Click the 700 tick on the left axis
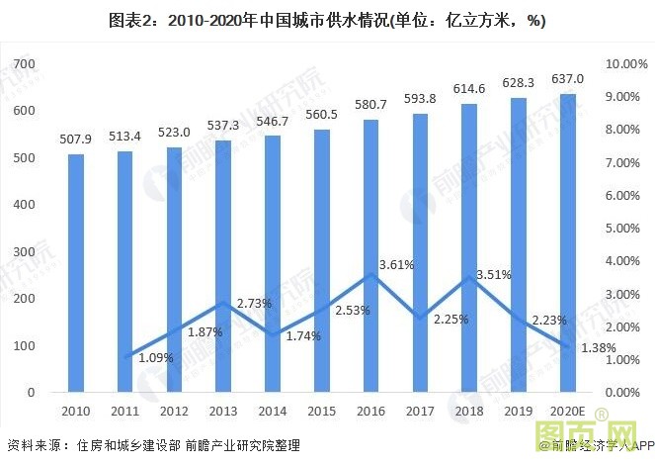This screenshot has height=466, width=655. (x=23, y=64)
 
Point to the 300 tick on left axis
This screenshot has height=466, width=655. (x=23, y=251)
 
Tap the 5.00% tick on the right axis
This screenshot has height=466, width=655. (x=624, y=229)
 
